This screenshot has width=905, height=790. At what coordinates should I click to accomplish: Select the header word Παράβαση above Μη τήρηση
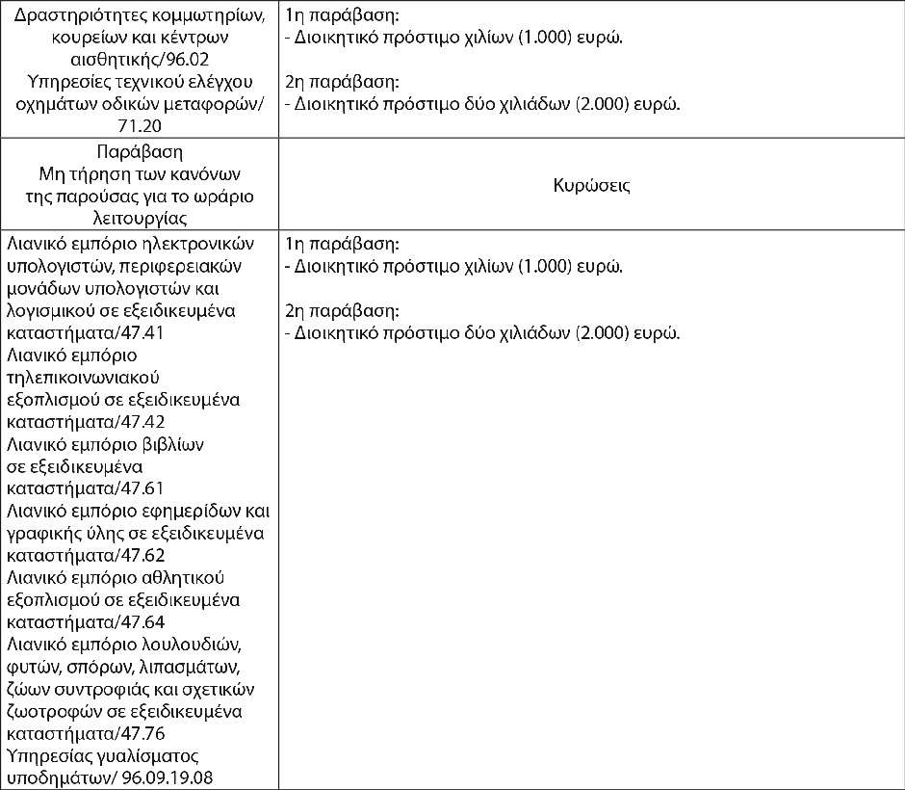click(x=140, y=152)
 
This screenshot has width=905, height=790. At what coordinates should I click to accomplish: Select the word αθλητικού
click(x=180, y=577)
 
